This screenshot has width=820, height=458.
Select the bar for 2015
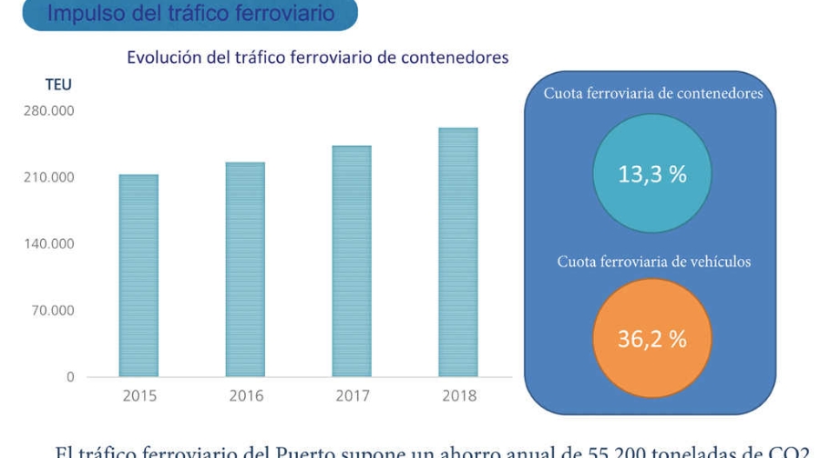[x=138, y=276]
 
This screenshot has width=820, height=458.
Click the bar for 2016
[x=245, y=269]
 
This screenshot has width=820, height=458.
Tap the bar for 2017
[x=352, y=261]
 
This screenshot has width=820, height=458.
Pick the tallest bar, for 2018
[x=458, y=252]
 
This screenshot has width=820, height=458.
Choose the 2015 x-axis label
[x=139, y=396]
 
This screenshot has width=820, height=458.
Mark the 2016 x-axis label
[x=246, y=396]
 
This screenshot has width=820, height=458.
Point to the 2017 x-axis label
[x=353, y=396]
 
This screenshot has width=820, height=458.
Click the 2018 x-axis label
[x=459, y=396]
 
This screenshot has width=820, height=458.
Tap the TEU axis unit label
[x=58, y=85]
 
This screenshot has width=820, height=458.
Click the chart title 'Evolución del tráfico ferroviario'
[x=317, y=57]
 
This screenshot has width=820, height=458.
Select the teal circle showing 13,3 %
[x=652, y=174]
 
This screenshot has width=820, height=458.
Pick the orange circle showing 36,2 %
[x=652, y=339]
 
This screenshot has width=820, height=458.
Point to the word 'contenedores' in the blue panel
[x=718, y=93]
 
